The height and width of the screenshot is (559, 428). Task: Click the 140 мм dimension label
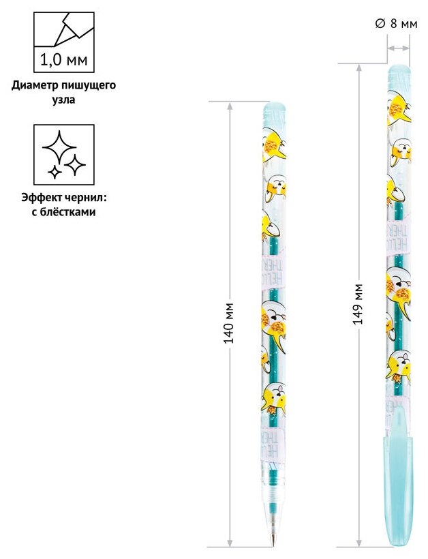click(230, 322)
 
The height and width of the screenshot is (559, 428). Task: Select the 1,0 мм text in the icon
click(64, 60)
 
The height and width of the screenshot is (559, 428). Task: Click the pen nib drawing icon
click(64, 28)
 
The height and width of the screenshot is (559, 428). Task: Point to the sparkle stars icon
click(63, 155)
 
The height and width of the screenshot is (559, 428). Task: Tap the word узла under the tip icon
click(63, 100)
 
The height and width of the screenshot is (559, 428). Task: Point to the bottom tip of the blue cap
click(398, 541)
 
